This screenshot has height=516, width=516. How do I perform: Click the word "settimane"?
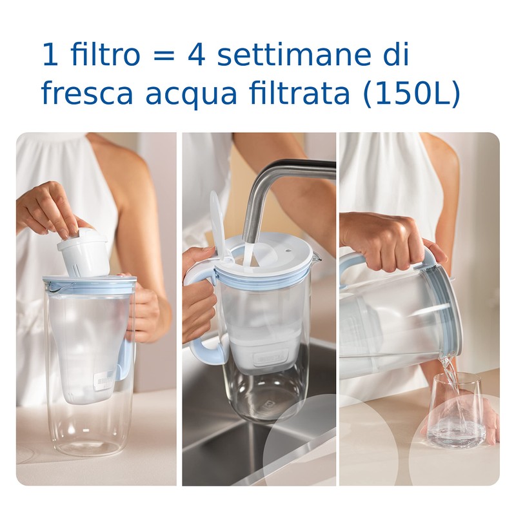click(x=296, y=54)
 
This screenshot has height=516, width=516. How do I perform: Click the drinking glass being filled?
click(x=457, y=413)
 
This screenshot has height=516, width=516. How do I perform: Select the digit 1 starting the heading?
click(x=50, y=54)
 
